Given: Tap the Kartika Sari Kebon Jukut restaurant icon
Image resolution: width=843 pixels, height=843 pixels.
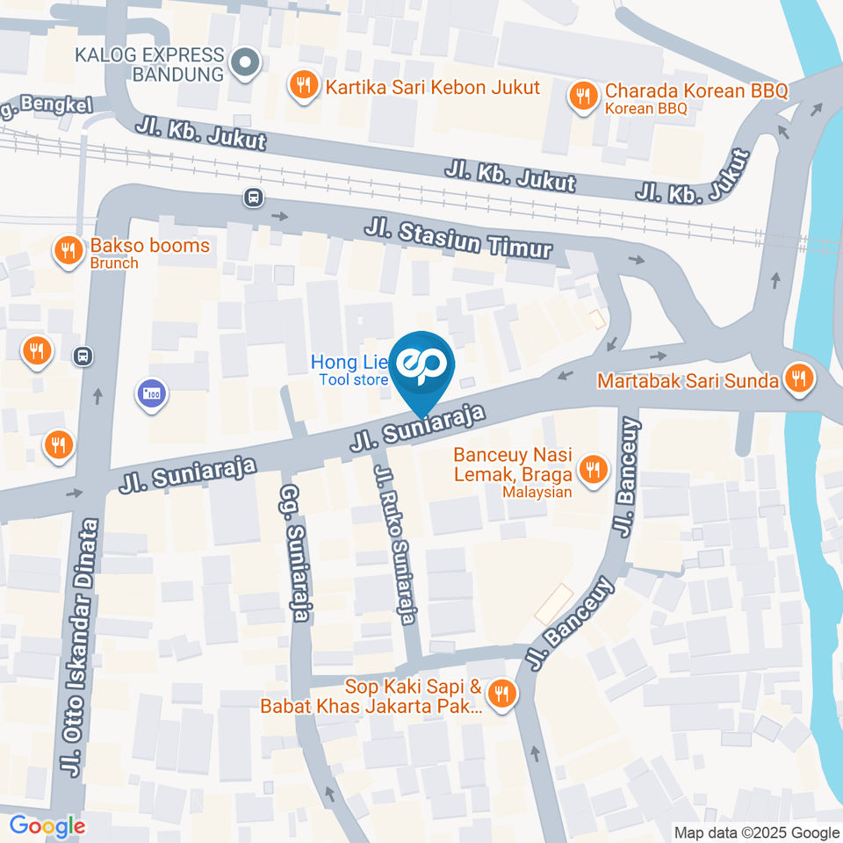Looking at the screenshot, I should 303,87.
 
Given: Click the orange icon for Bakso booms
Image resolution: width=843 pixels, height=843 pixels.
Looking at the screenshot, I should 68,253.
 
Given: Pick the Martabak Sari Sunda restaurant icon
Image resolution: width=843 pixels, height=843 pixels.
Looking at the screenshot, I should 799,380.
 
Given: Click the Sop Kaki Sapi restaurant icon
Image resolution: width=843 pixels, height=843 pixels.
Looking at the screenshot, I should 501,695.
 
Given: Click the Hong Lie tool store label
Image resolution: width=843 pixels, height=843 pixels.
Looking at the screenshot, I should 348,370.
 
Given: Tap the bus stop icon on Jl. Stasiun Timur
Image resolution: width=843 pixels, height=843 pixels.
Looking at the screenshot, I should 254,198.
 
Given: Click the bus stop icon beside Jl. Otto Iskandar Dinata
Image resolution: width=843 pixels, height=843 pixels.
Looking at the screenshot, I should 83,356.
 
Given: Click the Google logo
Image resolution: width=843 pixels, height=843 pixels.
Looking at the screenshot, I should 47,826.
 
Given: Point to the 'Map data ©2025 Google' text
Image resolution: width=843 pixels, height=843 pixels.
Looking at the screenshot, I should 756,832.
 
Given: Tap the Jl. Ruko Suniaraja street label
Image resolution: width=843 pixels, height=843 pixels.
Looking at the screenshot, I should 394,544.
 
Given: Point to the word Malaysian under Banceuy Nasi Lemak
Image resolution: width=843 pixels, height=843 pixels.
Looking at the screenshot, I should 537,492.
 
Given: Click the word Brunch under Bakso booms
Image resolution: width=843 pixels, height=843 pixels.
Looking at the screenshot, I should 113,263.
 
